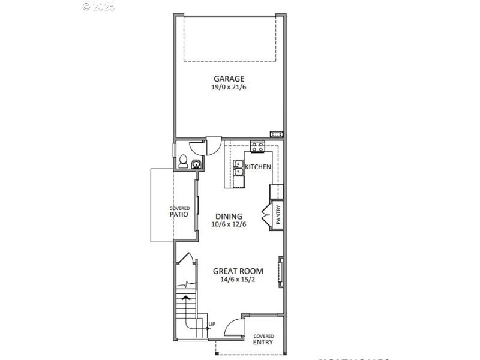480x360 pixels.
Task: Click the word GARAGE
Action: (x=229, y=79)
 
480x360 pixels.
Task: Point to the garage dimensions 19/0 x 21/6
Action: (x=229, y=87)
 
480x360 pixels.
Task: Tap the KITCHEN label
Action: (x=258, y=167)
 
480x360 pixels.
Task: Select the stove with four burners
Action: (x=258, y=146)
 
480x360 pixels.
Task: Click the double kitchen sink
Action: (x=239, y=168)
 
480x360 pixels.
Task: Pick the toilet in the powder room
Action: (x=184, y=161)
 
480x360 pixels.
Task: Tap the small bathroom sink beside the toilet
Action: (x=196, y=164)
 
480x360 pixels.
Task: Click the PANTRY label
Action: (x=278, y=214)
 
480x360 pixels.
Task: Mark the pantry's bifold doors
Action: (x=266, y=214)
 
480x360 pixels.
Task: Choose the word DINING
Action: (x=229, y=217)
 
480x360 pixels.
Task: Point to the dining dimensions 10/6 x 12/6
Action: (x=229, y=224)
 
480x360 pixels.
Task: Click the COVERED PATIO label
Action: (x=179, y=211)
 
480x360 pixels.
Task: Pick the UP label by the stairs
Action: (x=211, y=325)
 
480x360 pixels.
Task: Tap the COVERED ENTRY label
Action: (x=263, y=340)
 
